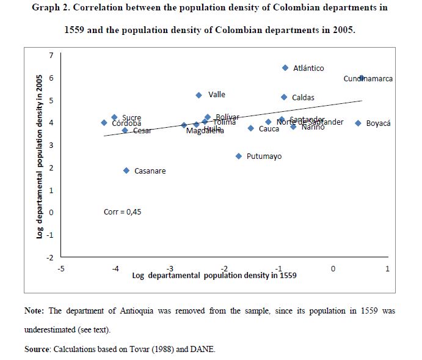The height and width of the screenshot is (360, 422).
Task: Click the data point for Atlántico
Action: (x=285, y=68)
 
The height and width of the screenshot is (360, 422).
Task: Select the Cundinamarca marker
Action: (x=362, y=78)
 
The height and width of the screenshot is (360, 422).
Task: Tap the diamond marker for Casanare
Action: (x=126, y=171)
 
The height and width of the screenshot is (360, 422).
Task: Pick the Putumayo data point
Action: (x=239, y=156)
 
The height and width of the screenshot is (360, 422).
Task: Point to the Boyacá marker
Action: (x=358, y=123)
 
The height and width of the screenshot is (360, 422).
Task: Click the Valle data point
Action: (x=199, y=95)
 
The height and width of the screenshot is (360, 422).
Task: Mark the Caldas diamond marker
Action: (x=284, y=97)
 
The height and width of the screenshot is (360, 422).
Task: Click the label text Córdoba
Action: (x=126, y=123)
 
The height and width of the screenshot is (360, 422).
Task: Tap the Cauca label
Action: (x=269, y=129)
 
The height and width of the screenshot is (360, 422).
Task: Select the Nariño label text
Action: (x=313, y=127)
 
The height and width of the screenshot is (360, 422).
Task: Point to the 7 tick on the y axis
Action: (x=51, y=56)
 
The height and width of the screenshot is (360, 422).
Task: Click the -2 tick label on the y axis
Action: (x=50, y=257)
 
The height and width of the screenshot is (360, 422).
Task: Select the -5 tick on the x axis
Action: (x=60, y=268)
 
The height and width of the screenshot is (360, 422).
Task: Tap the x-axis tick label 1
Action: (x=387, y=268)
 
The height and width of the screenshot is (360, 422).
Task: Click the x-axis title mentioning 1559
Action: (x=214, y=276)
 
